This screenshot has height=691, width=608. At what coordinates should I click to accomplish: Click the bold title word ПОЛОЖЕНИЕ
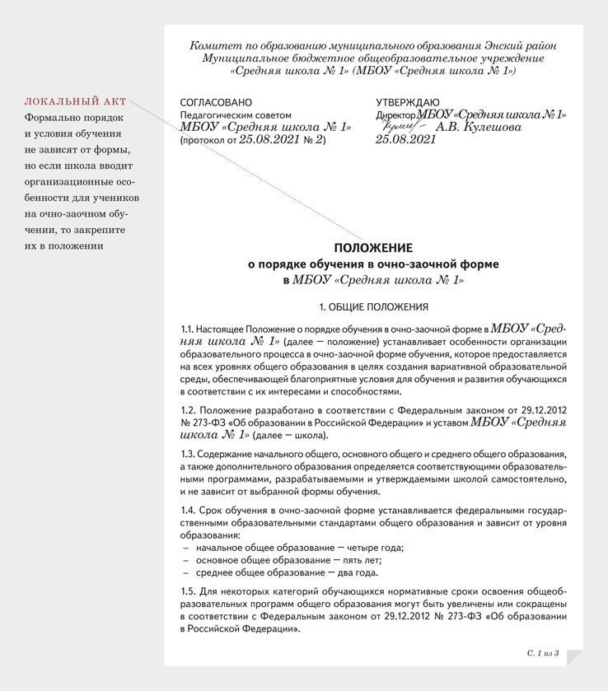click(x=373, y=248)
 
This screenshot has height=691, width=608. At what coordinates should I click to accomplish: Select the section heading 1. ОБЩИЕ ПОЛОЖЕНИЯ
click(x=373, y=307)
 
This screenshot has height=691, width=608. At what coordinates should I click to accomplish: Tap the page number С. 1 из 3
click(x=543, y=653)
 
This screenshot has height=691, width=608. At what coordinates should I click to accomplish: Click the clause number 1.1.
click(x=188, y=329)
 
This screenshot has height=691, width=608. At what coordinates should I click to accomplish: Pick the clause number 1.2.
click(x=189, y=409)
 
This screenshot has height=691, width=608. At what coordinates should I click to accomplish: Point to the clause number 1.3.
click(x=189, y=454)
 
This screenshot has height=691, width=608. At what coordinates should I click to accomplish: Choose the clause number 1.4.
click(x=189, y=511)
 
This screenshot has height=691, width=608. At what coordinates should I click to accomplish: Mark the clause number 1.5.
click(x=189, y=592)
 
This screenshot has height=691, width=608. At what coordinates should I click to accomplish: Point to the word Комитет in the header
click(x=216, y=46)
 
